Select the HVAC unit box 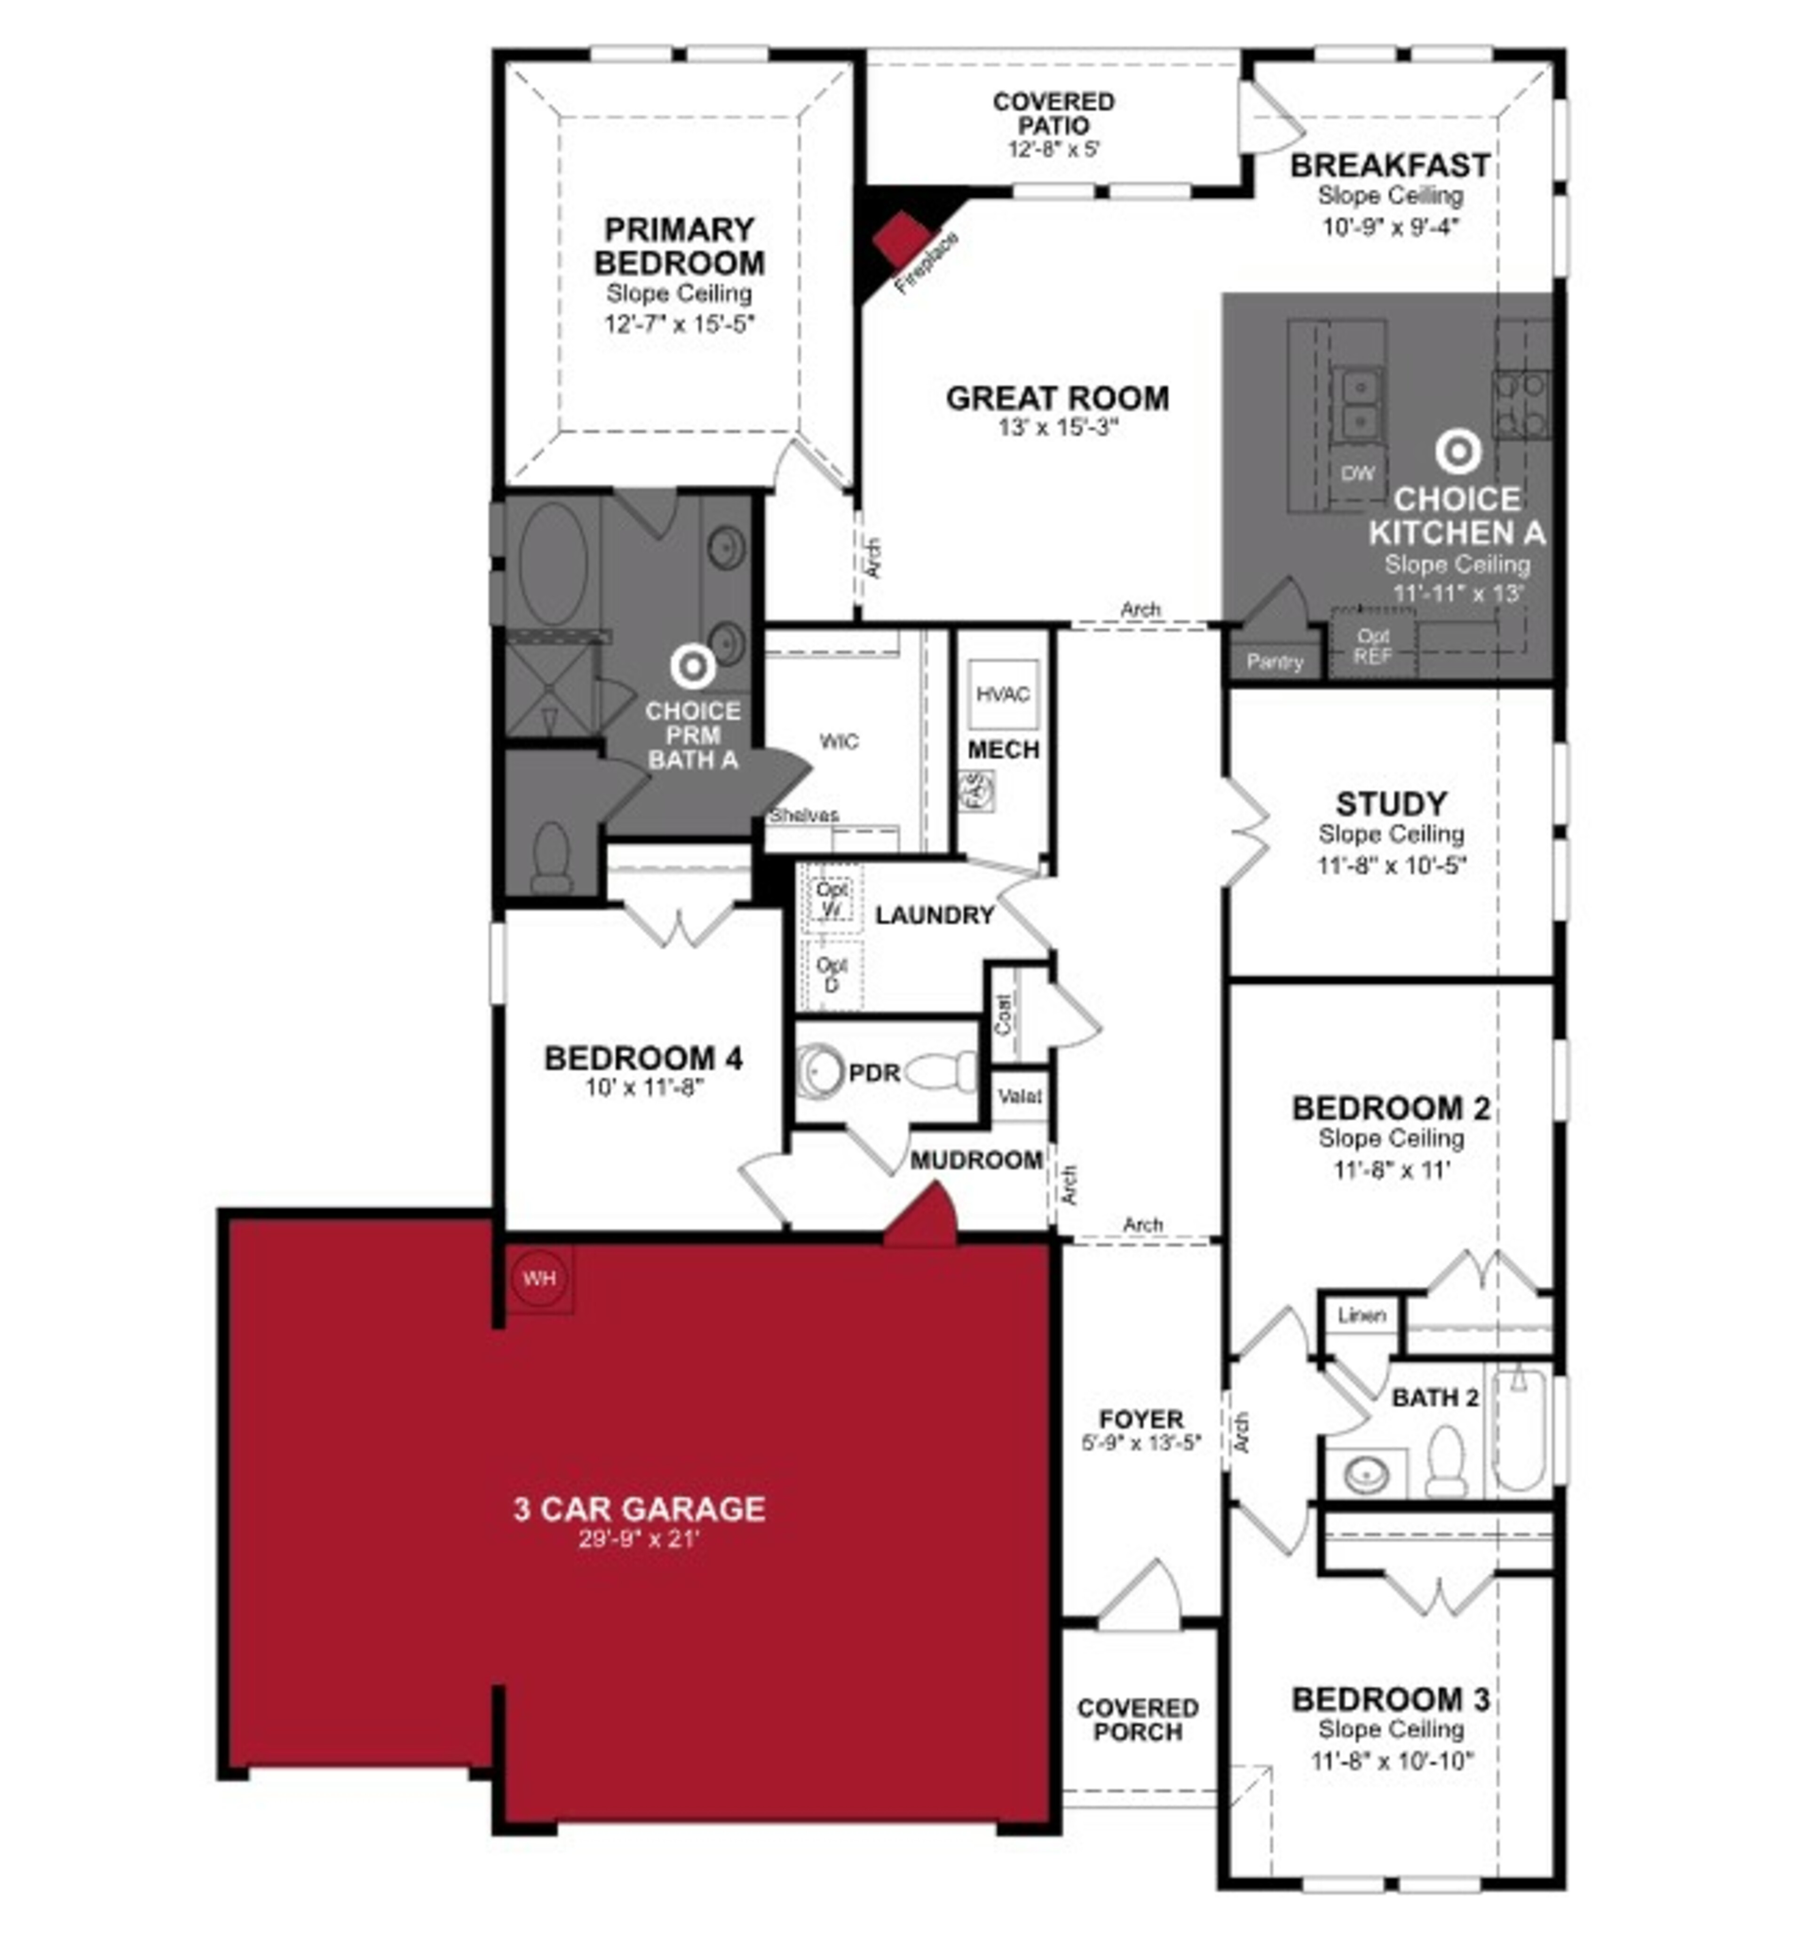click(1003, 694)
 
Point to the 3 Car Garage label click(639, 1508)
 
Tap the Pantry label click(1275, 662)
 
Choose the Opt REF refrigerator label click(1372, 646)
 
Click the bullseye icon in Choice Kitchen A click(1457, 452)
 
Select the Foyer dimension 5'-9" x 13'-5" click(1141, 1443)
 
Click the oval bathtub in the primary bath click(553, 564)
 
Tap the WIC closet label click(839, 741)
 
